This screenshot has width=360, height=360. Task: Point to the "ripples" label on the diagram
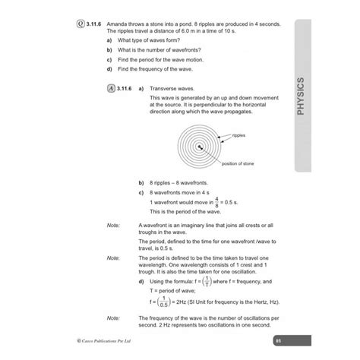pyautogui.click(x=239, y=134)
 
